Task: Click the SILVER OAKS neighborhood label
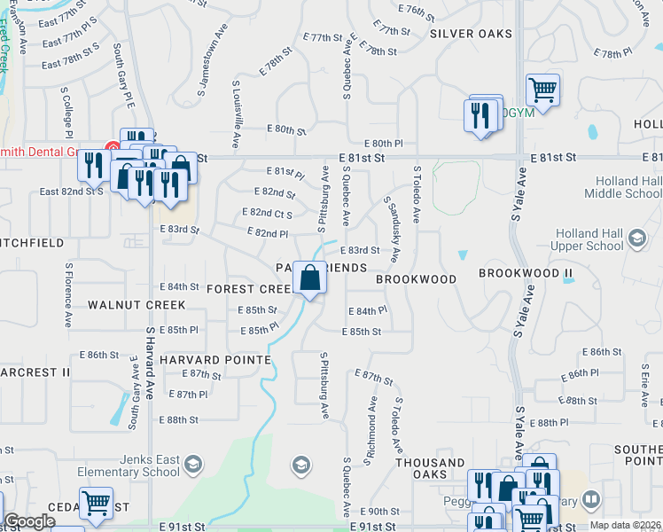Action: [471, 34]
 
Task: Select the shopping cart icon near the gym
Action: [542, 90]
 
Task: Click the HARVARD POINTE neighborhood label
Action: [215, 360]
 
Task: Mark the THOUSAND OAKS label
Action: [430, 469]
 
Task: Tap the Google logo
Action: [29, 521]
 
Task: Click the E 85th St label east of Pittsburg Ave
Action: [361, 332]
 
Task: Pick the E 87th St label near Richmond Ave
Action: [374, 378]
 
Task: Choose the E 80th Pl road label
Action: [383, 143]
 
